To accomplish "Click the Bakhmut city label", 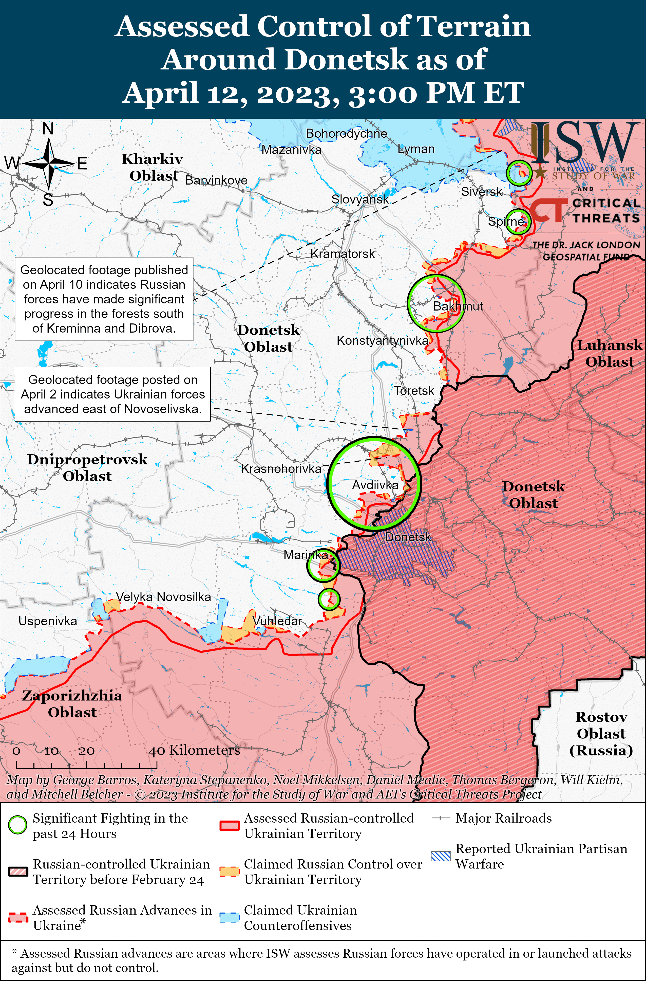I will click(x=458, y=306).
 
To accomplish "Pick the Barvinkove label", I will click(x=216, y=180).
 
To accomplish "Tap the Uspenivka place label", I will click(x=48, y=621).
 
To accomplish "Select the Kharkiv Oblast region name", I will click(x=153, y=167).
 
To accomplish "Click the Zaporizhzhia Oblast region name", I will click(x=72, y=704).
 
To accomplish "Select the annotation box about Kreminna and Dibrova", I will click(x=104, y=299).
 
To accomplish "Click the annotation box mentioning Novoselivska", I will click(x=112, y=394).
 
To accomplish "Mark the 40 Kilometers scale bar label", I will click(x=194, y=750).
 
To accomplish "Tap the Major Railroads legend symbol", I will click(x=440, y=818).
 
